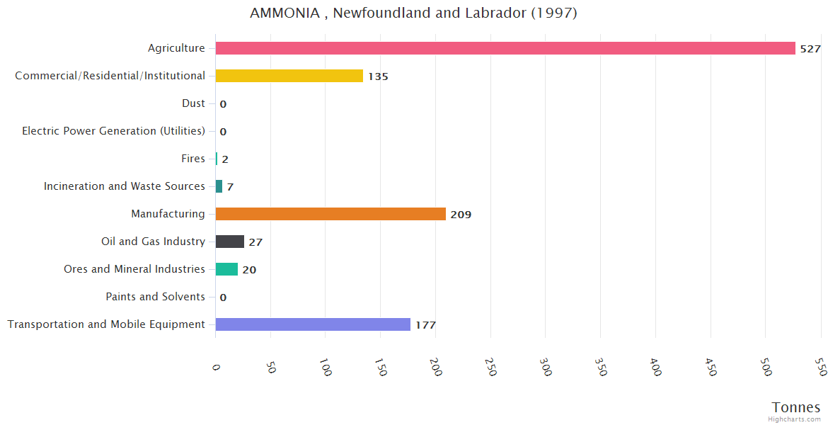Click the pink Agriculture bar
click(505, 48)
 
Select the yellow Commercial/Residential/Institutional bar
click(289, 76)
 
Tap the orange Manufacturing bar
click(330, 214)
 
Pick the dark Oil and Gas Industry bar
click(229, 242)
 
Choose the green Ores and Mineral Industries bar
click(226, 269)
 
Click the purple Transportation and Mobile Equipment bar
click(313, 324)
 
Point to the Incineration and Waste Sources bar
click(219, 186)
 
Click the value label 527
click(810, 49)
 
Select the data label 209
click(461, 215)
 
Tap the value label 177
click(425, 325)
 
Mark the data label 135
click(378, 76)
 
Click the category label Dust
click(193, 103)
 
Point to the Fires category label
click(193, 159)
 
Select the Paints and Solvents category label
click(156, 297)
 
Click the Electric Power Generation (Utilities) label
click(113, 131)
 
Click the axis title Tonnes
click(795, 407)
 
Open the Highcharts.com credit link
click(794, 419)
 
